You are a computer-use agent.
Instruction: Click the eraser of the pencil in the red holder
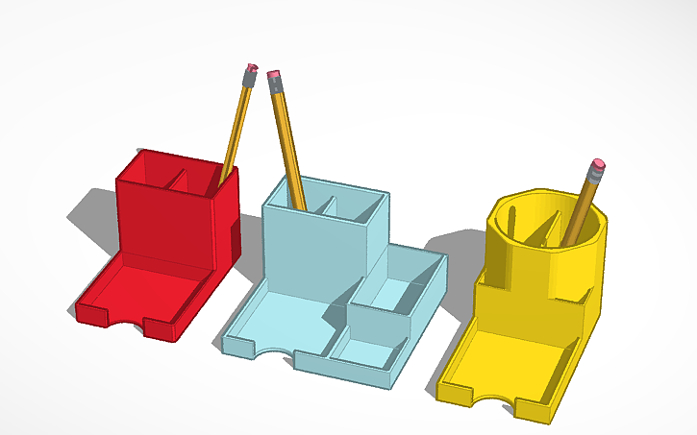252,68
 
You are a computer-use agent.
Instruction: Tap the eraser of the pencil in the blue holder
274,74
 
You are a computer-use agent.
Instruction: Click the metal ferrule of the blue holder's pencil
277,85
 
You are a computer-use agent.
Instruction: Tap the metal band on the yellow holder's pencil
594,177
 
